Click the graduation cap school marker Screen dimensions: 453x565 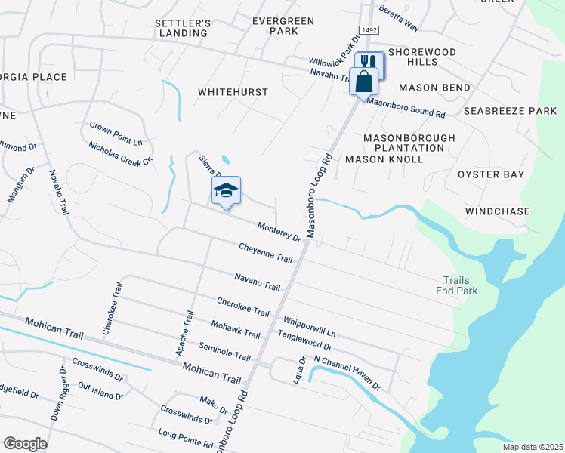coord(226,190)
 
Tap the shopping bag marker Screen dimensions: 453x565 coord(364,81)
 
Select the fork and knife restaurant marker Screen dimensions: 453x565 coord(369,63)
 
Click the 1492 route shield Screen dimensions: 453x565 coord(369,29)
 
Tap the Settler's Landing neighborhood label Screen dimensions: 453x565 coord(181,28)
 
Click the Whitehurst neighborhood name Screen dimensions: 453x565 coord(233,91)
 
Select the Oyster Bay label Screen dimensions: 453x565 coord(491,174)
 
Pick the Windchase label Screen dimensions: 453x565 coord(498,211)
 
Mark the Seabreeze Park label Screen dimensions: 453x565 coord(510,111)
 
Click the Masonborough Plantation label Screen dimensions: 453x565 coord(409,143)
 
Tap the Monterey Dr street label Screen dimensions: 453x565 coord(279,231)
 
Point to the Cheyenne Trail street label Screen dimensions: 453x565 coord(265,253)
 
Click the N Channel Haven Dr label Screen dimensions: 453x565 coord(347,373)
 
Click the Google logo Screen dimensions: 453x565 coord(25,444)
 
